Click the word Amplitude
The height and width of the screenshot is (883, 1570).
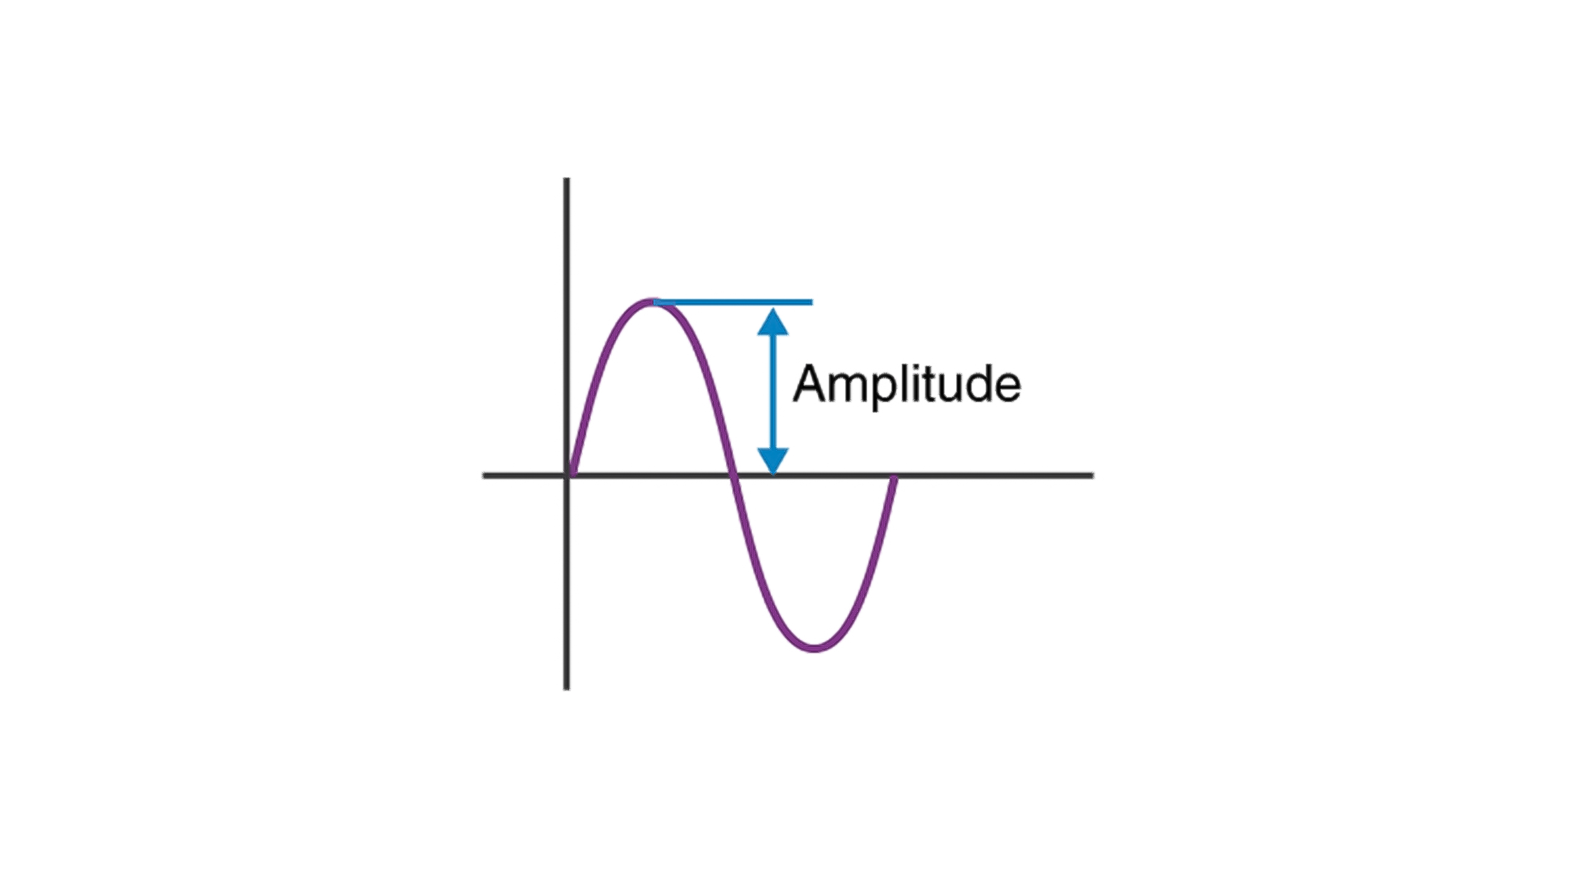click(x=906, y=385)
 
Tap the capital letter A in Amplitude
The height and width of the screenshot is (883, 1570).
click(x=809, y=384)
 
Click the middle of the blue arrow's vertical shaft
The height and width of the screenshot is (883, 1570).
click(x=773, y=391)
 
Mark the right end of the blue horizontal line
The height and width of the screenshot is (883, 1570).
click(x=811, y=302)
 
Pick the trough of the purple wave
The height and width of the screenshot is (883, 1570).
click(x=816, y=648)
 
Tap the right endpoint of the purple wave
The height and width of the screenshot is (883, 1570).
click(x=895, y=478)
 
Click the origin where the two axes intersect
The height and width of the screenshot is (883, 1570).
click(x=567, y=475)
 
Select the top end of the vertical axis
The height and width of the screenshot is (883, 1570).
click(x=567, y=180)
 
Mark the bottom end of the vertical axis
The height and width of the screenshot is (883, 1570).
click(x=567, y=689)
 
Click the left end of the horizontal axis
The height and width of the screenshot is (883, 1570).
click(x=484, y=475)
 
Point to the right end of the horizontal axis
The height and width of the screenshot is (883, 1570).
click(x=1092, y=475)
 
